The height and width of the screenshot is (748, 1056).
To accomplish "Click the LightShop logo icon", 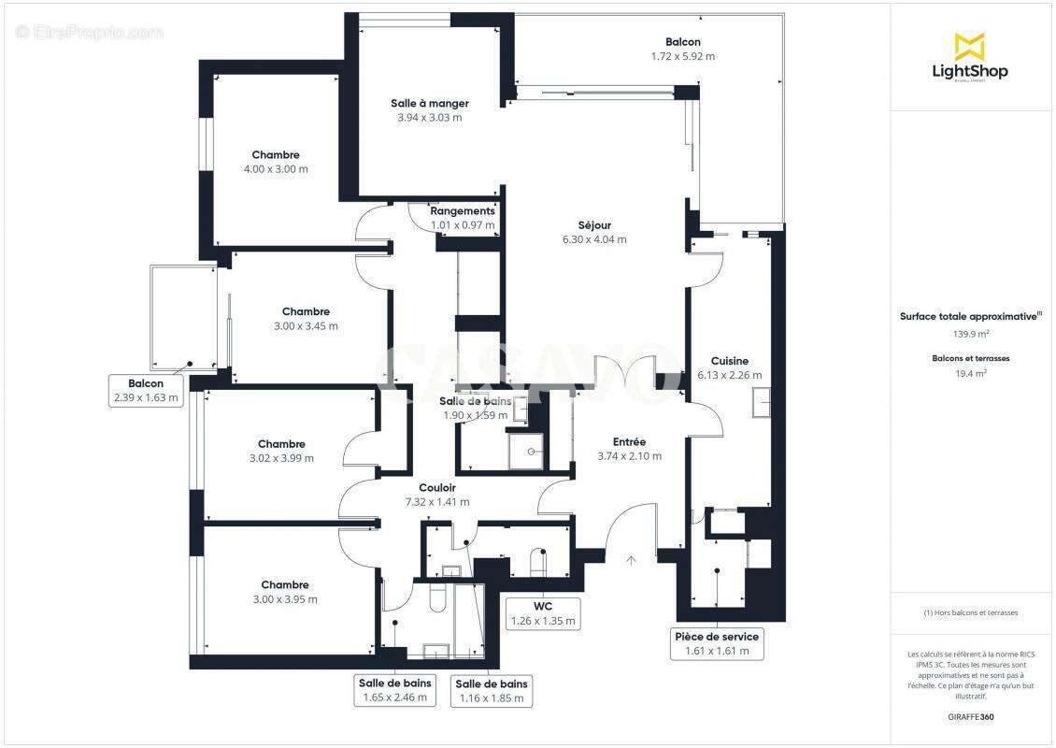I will click(969, 46).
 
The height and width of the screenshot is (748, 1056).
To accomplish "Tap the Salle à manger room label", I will click(429, 104).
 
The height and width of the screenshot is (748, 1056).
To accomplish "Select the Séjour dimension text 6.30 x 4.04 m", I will click(594, 239).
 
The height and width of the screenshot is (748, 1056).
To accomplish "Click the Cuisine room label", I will click(729, 361).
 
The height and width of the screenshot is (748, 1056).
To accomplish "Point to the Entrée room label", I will click(629, 441).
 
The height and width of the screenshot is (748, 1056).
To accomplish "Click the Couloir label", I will click(437, 487).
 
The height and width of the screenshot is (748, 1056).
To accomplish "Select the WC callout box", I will click(542, 613).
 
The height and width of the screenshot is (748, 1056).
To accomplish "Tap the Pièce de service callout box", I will click(717, 643).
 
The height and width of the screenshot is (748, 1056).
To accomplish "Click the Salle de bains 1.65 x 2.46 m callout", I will click(394, 689).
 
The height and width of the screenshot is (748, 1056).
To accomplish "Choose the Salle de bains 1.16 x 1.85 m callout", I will click(492, 690).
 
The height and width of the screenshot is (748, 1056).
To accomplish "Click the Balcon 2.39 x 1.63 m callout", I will click(145, 390).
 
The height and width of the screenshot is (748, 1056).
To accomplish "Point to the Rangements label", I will click(463, 211).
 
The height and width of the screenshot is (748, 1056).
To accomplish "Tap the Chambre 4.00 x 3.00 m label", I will click(276, 155).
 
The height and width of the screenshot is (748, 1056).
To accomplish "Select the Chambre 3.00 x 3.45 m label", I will click(306, 311).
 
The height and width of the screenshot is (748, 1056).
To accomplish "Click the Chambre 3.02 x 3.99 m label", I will click(281, 444).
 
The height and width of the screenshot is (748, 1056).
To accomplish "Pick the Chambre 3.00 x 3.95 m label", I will click(285, 585).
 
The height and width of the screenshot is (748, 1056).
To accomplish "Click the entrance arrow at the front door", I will click(631, 560).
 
